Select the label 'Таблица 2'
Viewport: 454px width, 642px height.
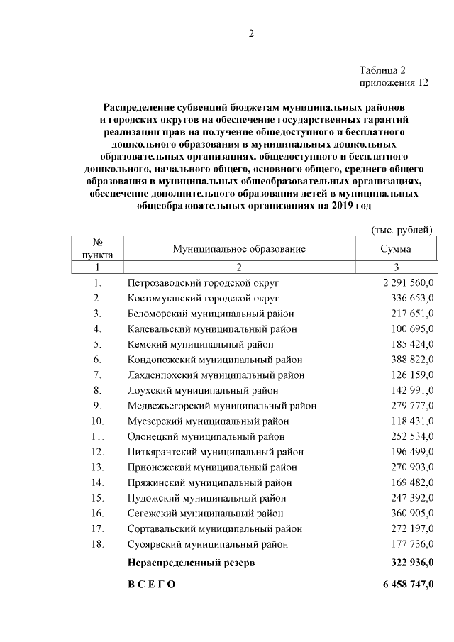[x=382, y=70]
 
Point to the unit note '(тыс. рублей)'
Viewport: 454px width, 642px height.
[x=402, y=230]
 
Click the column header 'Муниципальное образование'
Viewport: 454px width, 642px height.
[x=239, y=249]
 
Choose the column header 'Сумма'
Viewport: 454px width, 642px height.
[x=396, y=249]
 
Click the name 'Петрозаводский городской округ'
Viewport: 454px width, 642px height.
[x=204, y=282]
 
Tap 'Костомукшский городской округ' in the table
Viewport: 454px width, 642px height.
[x=203, y=298]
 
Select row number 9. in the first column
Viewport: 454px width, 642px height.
[x=98, y=406]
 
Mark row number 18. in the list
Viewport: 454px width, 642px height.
[x=98, y=544]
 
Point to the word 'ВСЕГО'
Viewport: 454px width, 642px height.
[x=151, y=585]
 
